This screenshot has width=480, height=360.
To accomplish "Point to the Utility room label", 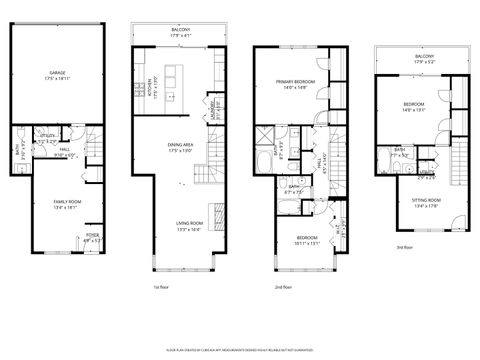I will click(47, 139).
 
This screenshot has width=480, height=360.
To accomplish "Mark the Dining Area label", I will click(181, 148).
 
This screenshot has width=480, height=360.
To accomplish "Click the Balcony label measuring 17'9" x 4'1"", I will click(182, 33).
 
